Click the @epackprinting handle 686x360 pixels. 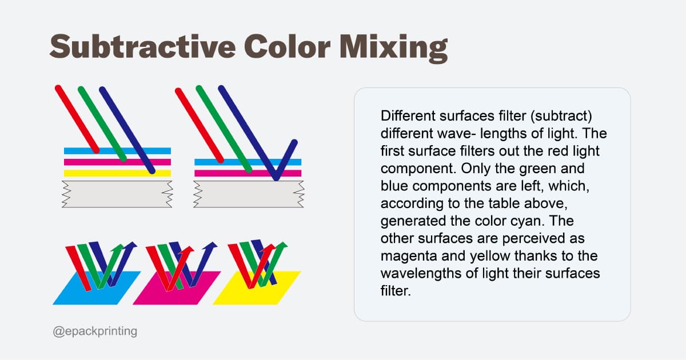[x=95, y=331]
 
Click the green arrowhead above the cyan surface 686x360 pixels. [x=118, y=247]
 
